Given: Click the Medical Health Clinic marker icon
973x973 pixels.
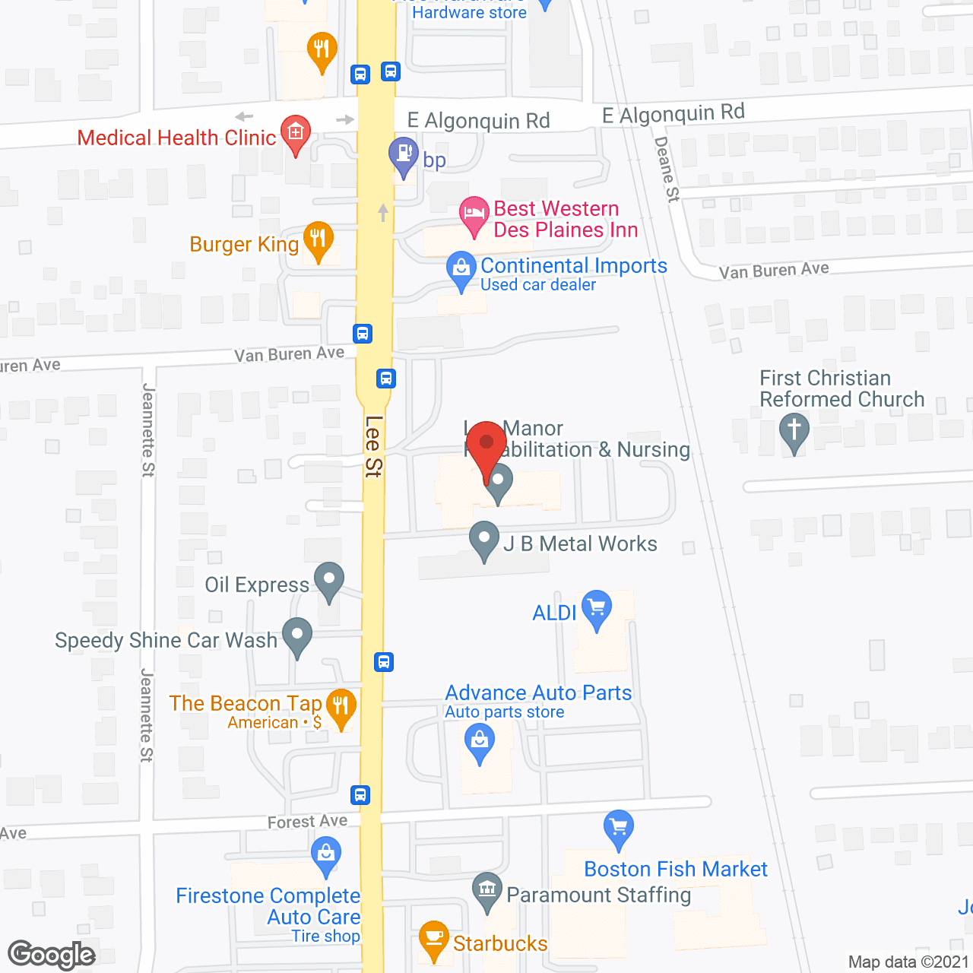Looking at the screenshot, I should [x=296, y=132].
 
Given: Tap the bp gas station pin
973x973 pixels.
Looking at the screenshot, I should [x=403, y=155].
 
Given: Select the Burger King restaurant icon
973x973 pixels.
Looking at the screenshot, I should [x=318, y=239].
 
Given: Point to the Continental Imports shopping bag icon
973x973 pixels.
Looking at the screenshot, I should [x=461, y=268].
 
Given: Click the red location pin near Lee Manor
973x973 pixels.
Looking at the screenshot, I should [x=486, y=445].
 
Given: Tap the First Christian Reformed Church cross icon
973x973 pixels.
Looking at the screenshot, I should [x=794, y=430].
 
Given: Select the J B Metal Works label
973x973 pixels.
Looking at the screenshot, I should [x=580, y=544].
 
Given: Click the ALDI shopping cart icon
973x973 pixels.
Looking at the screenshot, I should [x=597, y=608].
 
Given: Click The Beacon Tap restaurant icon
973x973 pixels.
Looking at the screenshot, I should [x=341, y=706].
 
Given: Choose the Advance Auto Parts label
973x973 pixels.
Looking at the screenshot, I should [x=538, y=693].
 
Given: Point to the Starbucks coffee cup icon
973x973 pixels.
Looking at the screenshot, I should [x=433, y=938].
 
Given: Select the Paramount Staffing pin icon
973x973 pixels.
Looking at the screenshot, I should [x=486, y=889].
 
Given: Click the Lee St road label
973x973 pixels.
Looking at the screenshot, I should [x=372, y=446].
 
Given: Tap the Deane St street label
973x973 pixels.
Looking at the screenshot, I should [x=667, y=169].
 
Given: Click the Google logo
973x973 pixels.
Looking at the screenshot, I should [x=52, y=955].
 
